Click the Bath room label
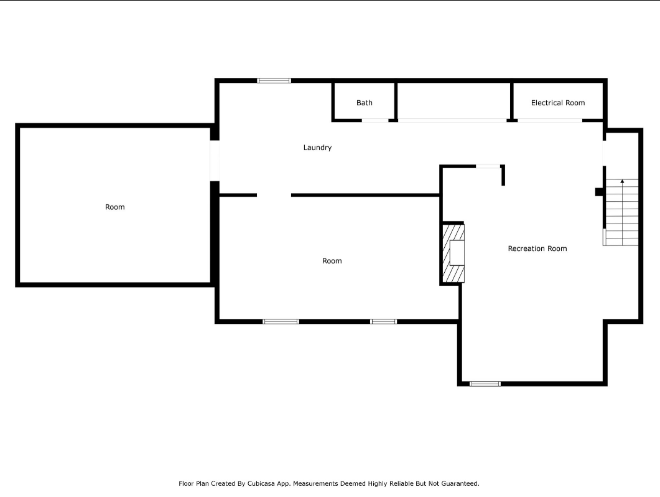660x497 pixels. (x=364, y=103)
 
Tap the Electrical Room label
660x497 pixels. (x=558, y=103)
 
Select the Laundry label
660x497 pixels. (x=317, y=148)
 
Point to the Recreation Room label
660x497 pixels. (x=537, y=249)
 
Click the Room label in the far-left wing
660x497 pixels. (x=115, y=207)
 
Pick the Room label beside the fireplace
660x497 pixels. (x=332, y=261)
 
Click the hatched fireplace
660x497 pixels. (x=453, y=253)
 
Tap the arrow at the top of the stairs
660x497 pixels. (x=622, y=182)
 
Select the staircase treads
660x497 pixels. (x=621, y=212)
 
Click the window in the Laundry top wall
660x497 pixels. (x=274, y=80)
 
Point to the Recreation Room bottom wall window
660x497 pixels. (x=485, y=384)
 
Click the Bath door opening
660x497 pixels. (x=375, y=121)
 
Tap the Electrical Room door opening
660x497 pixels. (x=550, y=121)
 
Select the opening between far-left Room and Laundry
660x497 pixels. (x=215, y=161)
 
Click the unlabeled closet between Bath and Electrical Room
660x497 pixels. (x=453, y=101)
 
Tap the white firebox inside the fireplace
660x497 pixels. (x=457, y=252)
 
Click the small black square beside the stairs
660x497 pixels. (x=600, y=192)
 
